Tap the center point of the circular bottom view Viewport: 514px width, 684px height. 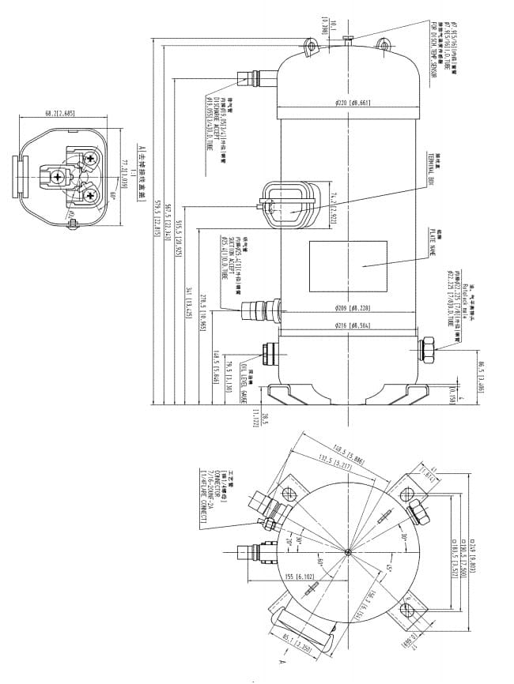coord(348,551)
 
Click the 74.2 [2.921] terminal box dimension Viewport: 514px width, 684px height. coord(334,205)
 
